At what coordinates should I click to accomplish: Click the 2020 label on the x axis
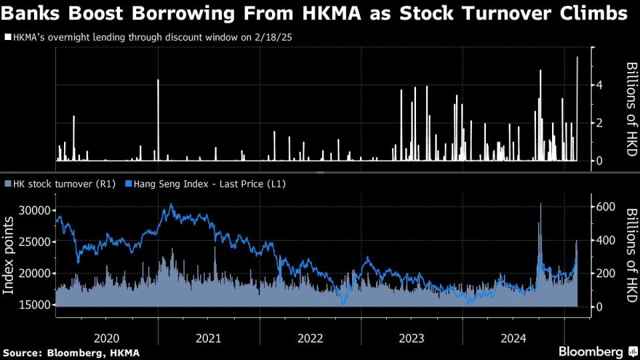tap(107, 337)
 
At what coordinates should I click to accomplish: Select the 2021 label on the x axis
tap(209, 337)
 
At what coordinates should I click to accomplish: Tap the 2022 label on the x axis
tap(310, 337)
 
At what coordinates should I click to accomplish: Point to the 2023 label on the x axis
tap(411, 337)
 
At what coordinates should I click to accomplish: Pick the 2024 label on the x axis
tap(513, 337)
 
